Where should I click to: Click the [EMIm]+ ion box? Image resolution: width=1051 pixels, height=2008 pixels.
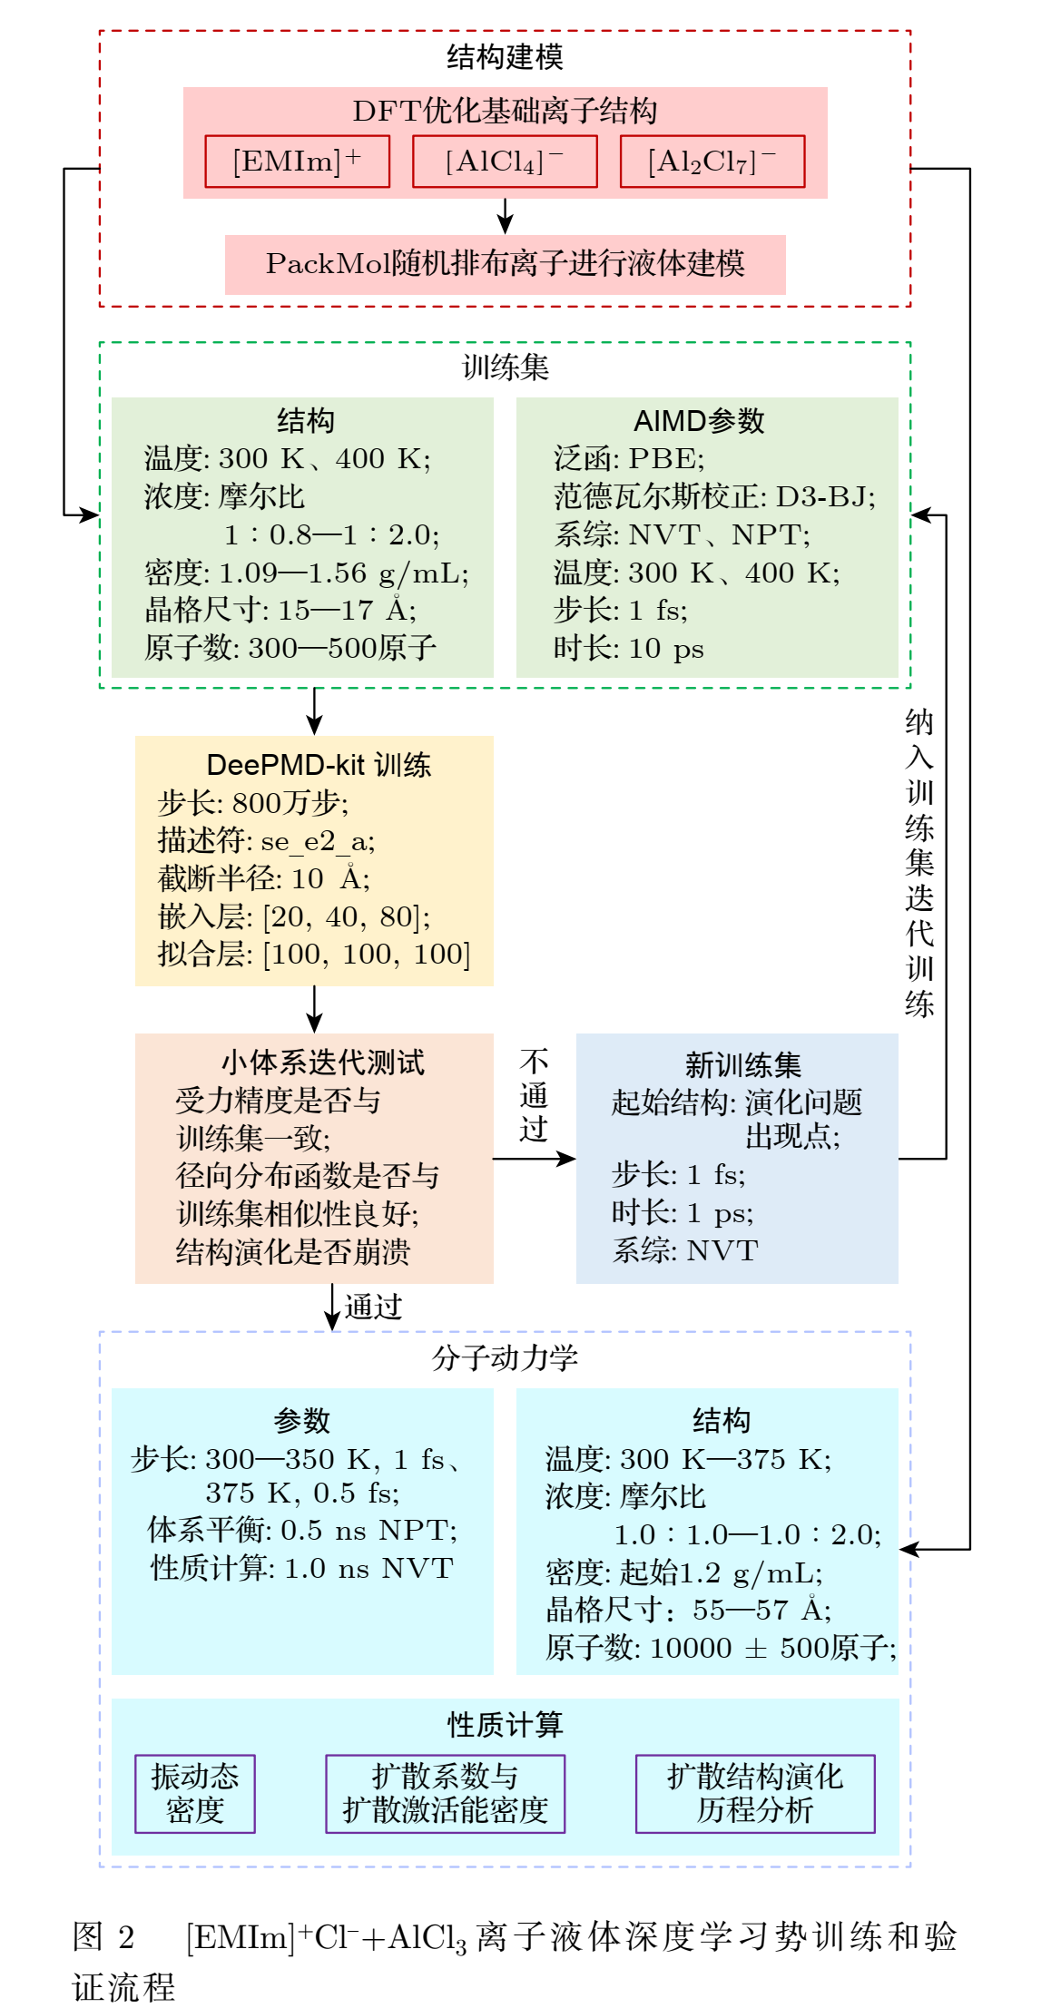coord(298,162)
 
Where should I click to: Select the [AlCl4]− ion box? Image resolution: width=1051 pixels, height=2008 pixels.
coord(505,162)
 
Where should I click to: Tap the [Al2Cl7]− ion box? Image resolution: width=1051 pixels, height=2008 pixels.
coord(712,162)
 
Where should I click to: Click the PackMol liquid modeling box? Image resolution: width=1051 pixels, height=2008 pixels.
coord(505,264)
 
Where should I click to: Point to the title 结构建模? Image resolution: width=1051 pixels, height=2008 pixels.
coord(505,57)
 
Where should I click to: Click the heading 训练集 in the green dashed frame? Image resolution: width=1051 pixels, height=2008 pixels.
coord(506,367)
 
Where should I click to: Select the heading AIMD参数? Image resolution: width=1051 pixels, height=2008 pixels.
coord(699,421)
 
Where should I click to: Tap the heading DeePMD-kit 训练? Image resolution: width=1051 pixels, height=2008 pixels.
coord(319,765)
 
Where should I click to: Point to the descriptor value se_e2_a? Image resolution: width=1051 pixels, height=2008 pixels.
coord(317,842)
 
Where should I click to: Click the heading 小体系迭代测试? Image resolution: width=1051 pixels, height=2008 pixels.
coord(323,1063)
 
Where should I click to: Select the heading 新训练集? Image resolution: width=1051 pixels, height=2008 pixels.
coord(743,1064)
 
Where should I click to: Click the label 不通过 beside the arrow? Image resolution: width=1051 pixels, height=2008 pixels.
coord(534,1095)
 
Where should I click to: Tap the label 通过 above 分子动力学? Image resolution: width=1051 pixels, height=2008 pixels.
coord(374,1307)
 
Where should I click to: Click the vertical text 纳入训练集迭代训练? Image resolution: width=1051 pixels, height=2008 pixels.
coord(919,863)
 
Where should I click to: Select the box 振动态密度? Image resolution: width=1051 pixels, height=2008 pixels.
coord(195,1794)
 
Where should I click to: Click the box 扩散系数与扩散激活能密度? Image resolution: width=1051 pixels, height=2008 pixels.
coord(446,1794)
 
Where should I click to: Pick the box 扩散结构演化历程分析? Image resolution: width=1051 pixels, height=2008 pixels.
coord(755,1794)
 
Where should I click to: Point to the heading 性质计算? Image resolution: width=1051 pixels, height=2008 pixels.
coord(505,1725)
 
